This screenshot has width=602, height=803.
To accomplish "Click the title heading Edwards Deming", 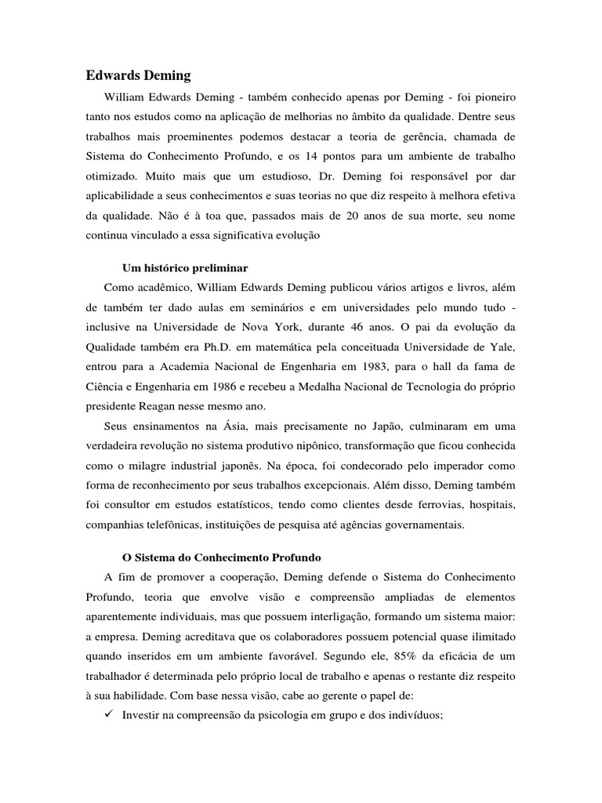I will [x=137, y=76].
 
